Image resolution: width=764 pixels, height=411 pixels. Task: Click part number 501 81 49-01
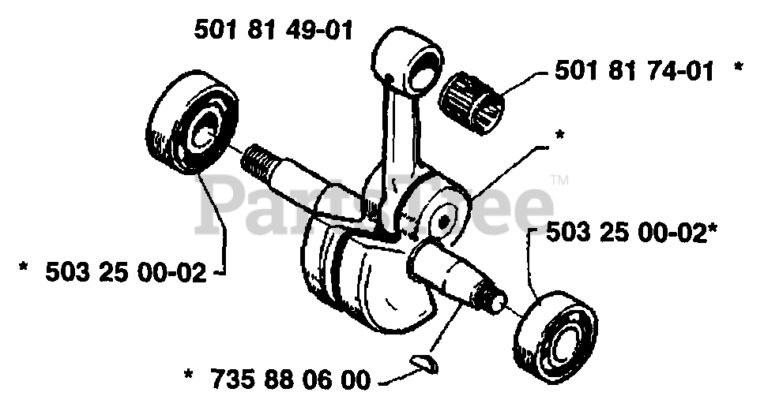(x=273, y=32)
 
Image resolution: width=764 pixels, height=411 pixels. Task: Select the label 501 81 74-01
(x=634, y=72)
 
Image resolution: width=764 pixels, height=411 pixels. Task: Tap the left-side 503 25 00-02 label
(x=126, y=273)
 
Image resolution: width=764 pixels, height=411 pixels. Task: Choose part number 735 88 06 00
(x=290, y=380)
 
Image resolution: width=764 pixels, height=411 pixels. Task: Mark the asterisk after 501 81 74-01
(x=738, y=70)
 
